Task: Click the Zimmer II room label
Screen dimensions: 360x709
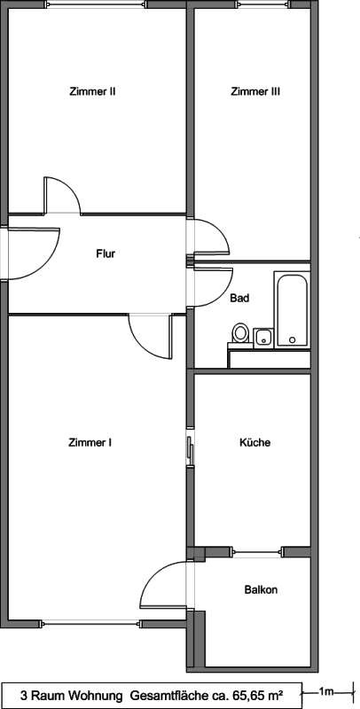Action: click(x=93, y=91)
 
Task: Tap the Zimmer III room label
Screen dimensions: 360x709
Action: click(x=255, y=91)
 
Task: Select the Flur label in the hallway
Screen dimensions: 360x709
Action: click(x=106, y=253)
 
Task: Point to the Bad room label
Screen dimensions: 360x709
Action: click(x=239, y=299)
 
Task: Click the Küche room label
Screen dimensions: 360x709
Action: click(x=255, y=442)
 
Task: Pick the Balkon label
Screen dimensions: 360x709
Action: click(x=261, y=589)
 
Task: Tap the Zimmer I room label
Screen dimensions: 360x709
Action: click(x=90, y=442)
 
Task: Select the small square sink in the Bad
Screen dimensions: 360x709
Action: click(x=263, y=338)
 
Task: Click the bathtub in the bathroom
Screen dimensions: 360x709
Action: click(x=292, y=309)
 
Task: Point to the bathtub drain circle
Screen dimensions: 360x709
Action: click(x=292, y=339)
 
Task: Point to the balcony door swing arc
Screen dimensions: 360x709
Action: click(x=153, y=574)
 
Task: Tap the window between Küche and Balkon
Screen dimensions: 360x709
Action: click(x=257, y=551)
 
